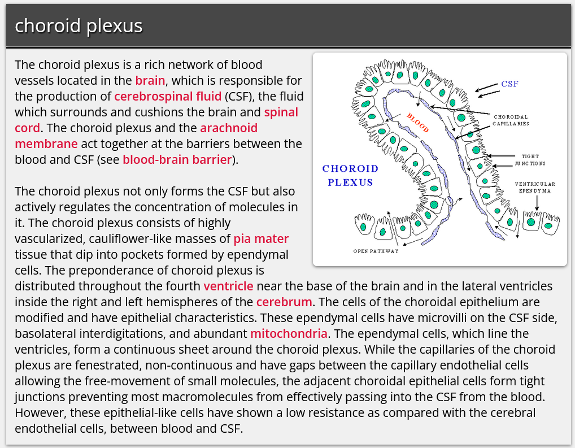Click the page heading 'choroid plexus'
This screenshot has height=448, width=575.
[79, 26]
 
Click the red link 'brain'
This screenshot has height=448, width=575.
[150, 80]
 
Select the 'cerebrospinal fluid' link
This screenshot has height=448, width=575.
[168, 96]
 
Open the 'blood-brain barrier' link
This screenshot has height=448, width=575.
[177, 159]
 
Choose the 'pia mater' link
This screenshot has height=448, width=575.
[261, 238]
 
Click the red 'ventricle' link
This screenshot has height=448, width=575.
[228, 286]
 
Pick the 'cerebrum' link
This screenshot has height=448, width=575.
[284, 302]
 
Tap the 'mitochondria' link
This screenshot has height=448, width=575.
[289, 333]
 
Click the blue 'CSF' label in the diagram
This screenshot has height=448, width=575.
[509, 84]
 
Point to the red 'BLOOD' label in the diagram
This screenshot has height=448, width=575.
[417, 123]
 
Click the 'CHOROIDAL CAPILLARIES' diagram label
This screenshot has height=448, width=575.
[511, 120]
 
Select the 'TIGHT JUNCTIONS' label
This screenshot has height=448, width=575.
[530, 160]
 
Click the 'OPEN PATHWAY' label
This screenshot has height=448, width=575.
[376, 251]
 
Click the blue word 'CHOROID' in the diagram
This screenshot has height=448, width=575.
[350, 168]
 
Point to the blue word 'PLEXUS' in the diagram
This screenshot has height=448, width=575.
[350, 182]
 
